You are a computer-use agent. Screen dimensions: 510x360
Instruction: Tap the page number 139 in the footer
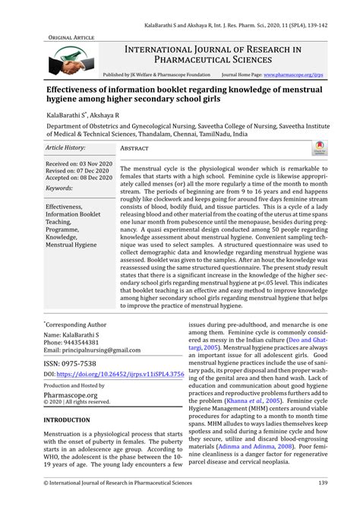tap(322, 483)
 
